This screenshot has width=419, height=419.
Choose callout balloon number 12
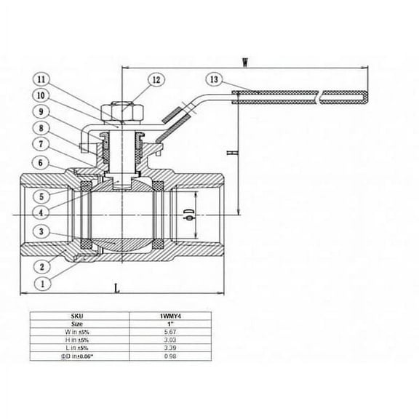point(156,79)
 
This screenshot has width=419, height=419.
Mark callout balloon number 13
point(213,78)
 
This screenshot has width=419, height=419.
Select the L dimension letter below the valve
point(118,288)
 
